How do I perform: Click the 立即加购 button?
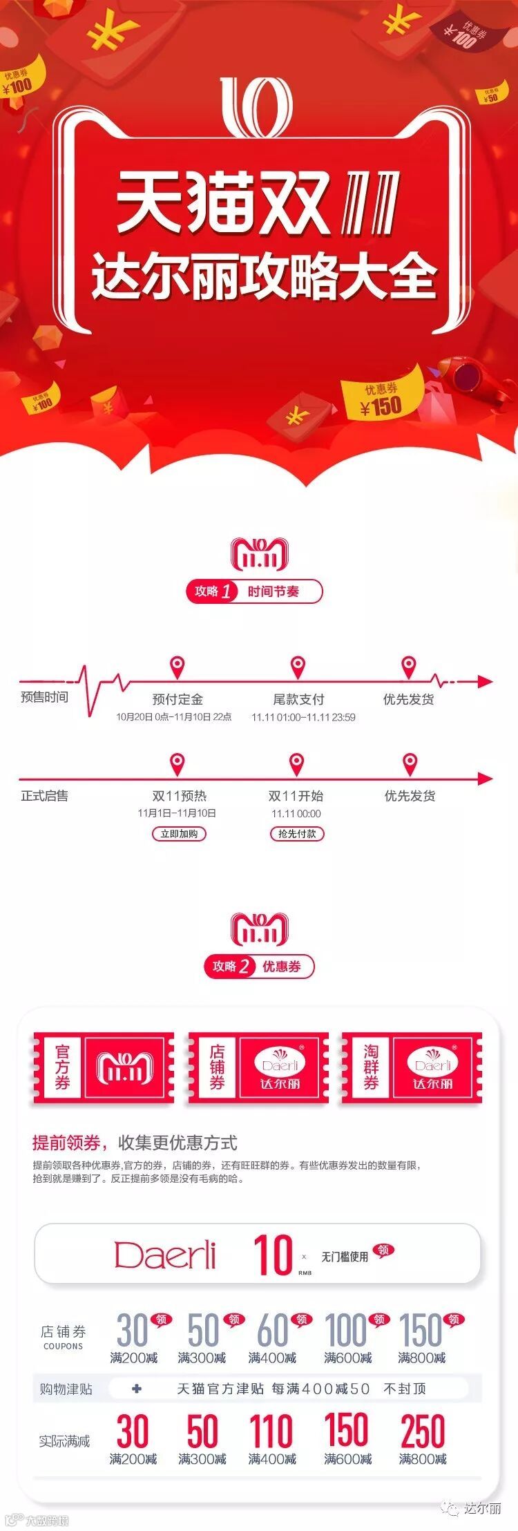click(179, 834)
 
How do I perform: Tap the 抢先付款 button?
click(297, 834)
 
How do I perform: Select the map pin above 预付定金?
click(178, 668)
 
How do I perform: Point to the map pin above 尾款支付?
click(298, 668)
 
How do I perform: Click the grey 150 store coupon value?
click(420, 1329)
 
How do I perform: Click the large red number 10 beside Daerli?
click(273, 1255)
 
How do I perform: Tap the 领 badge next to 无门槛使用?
click(383, 1249)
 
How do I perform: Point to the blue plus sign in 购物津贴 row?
click(137, 1388)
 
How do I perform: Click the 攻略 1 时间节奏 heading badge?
click(254, 591)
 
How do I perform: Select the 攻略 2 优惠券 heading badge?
click(259, 967)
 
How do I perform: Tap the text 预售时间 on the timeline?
click(45, 697)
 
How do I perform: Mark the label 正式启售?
click(45, 796)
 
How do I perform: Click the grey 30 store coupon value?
click(132, 1329)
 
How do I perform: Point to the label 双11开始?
click(296, 796)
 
